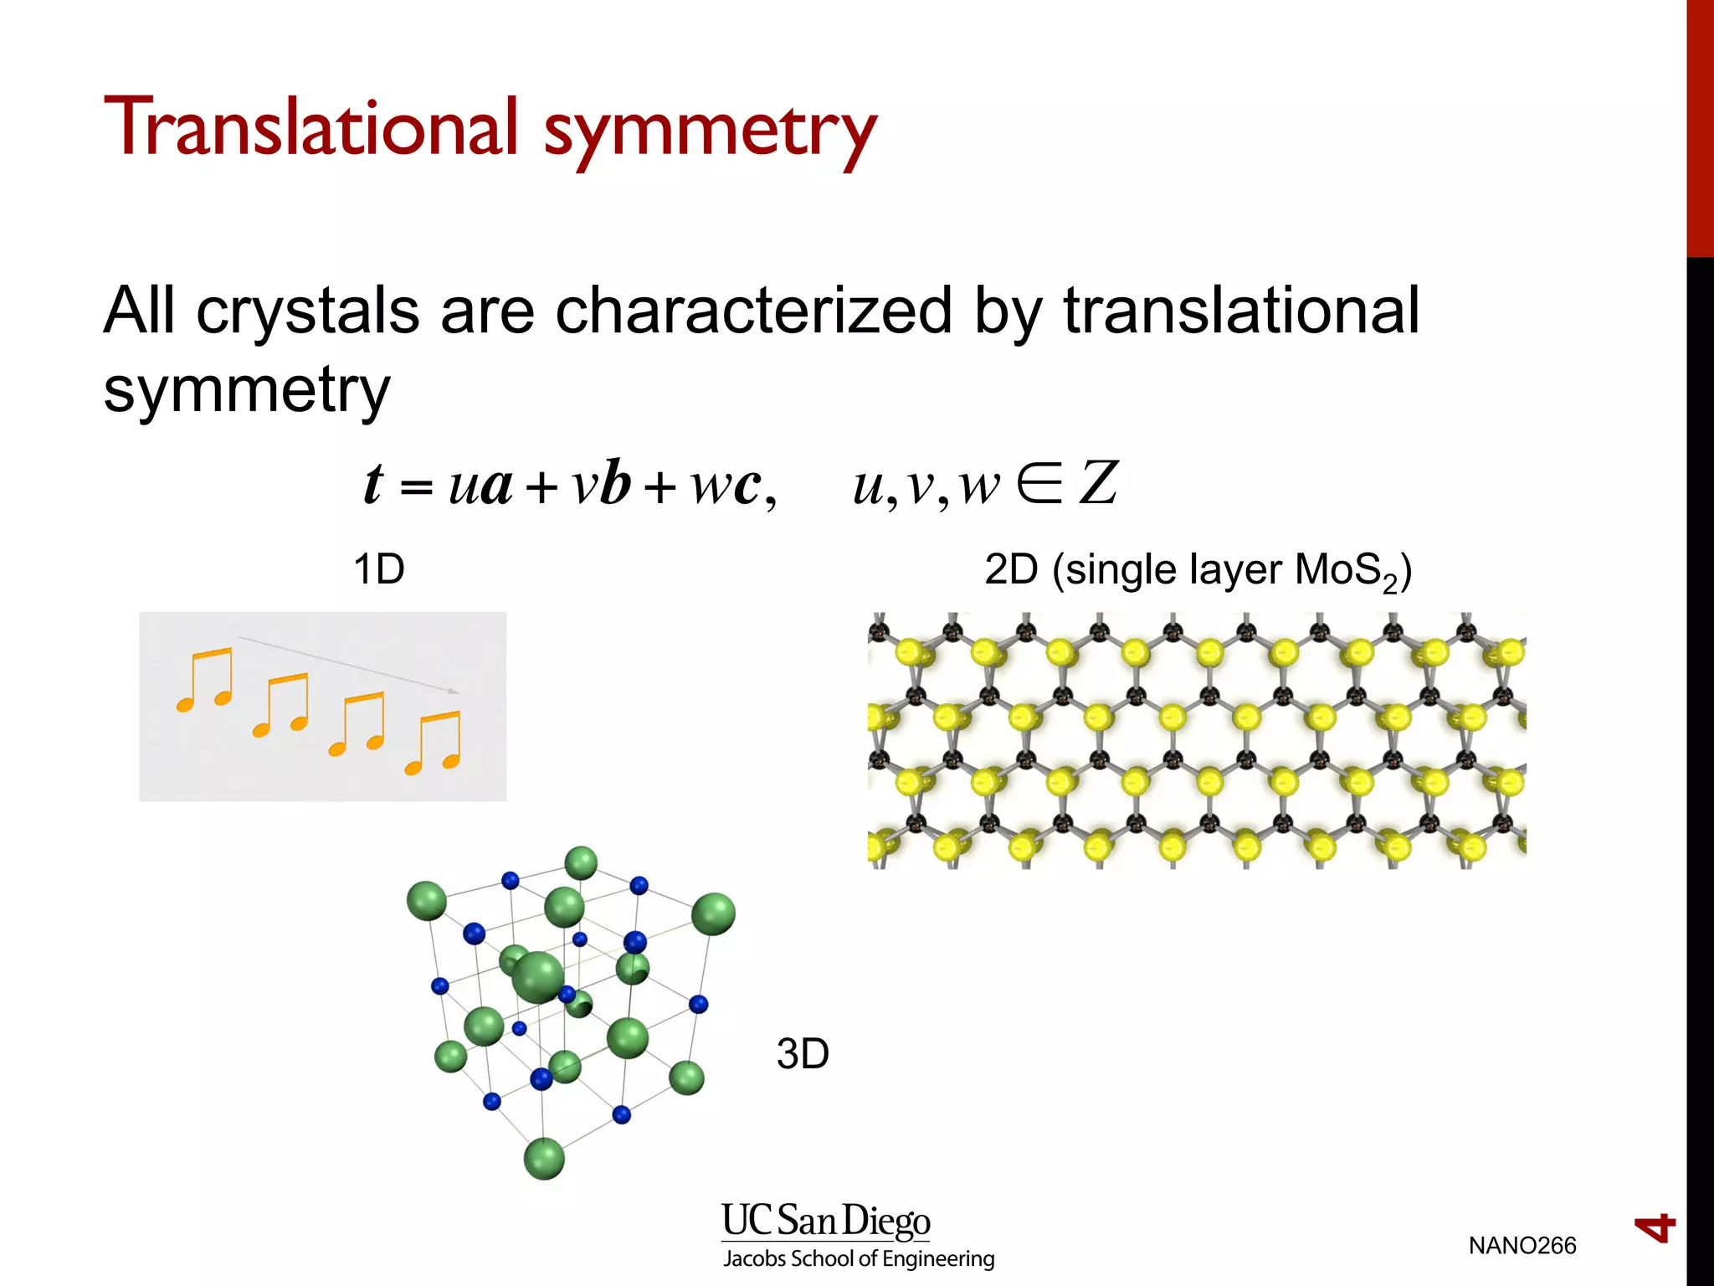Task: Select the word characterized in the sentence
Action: (753, 310)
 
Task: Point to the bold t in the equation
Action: (373, 484)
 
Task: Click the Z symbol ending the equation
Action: (1098, 484)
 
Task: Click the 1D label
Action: (379, 570)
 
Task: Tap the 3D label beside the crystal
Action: (803, 1053)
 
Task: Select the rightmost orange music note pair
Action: (434, 742)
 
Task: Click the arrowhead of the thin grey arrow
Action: (453, 691)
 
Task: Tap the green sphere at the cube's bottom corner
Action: (544, 1159)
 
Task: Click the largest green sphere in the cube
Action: (537, 977)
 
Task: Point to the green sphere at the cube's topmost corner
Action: (581, 863)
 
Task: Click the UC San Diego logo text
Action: (826, 1221)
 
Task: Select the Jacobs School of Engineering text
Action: (859, 1259)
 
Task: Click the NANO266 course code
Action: (1522, 1246)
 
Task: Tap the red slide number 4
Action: (1655, 1228)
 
